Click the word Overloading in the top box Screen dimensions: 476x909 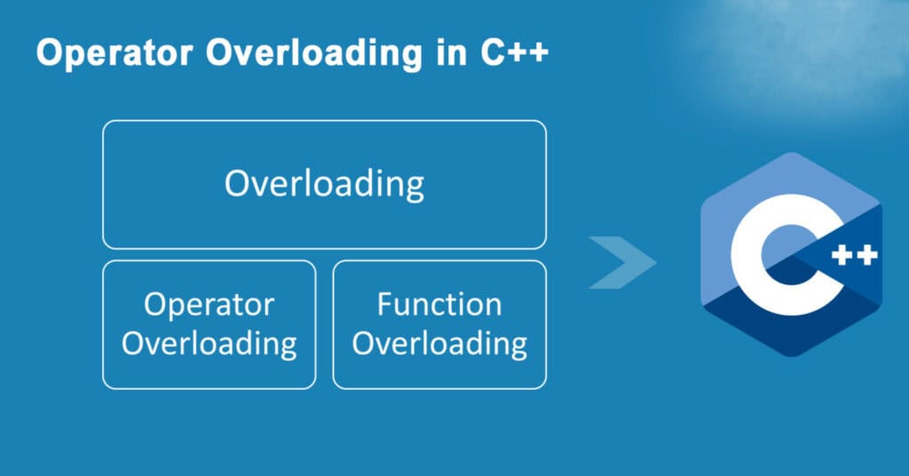(x=324, y=185)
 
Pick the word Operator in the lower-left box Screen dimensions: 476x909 (x=209, y=305)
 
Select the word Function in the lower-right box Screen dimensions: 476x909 (x=439, y=305)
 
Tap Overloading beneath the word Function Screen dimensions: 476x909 (x=439, y=343)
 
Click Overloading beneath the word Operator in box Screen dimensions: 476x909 (x=209, y=343)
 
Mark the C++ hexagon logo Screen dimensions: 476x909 (x=790, y=255)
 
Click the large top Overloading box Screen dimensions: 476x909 (x=324, y=142)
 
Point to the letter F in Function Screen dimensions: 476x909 (x=384, y=305)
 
